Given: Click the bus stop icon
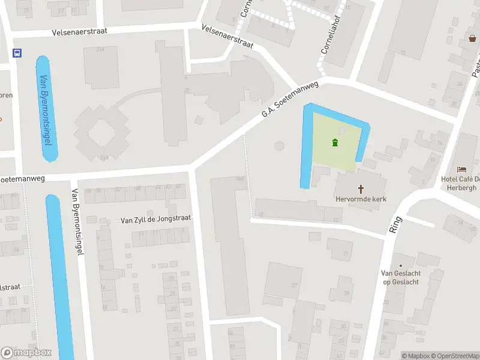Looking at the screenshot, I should pos(16,53).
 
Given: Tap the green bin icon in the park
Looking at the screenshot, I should pos(335,142).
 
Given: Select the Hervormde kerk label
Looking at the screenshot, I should pos(361,199).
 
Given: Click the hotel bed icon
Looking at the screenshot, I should pos(461,170).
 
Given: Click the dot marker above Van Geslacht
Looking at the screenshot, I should pos(400,265).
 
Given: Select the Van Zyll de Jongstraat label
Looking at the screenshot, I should pos(155,220).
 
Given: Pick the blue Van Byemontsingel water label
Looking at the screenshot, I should pos(46,109).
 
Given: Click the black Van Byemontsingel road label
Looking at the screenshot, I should pos(76,222).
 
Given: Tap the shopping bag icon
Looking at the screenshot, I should pos(472,38).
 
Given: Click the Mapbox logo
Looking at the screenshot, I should pos(26,353).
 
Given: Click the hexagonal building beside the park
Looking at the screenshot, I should pos(278,145).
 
